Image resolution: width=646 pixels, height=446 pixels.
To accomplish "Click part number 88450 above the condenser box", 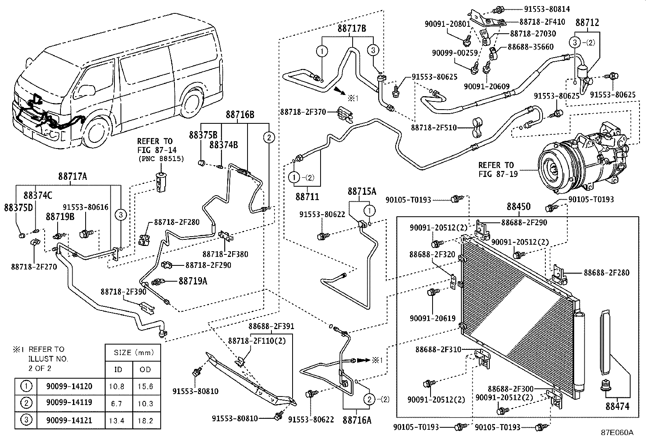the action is point(519,207).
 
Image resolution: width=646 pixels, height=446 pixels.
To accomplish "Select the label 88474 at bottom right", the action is point(618,407).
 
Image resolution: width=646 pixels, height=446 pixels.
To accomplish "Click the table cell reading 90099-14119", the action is point(69,403).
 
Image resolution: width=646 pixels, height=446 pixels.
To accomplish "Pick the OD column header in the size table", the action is point(145,370).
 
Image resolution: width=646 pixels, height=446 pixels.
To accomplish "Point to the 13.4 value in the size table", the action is point(116,420).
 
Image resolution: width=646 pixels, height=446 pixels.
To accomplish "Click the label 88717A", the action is point(72,176).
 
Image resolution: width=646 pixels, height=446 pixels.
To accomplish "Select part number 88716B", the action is point(240,114).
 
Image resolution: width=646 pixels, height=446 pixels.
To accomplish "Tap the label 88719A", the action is point(193,281).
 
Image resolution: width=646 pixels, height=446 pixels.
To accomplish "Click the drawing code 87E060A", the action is point(617,433).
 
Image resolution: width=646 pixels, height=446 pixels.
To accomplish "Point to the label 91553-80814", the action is point(547,9).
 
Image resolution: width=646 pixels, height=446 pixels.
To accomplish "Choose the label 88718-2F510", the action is point(434,127).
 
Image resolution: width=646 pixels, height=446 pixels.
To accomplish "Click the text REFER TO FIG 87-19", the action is point(498,169).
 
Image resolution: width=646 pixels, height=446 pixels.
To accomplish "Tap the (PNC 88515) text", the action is point(161,159).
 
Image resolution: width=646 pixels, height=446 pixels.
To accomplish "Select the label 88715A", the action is point(362,191).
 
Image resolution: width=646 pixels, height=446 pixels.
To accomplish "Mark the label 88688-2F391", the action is point(271,326).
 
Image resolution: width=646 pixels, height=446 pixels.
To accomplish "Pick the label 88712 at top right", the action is point(587,22).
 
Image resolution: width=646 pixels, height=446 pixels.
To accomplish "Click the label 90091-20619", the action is point(433,318).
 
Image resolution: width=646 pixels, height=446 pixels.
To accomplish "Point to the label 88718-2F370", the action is point(303,112).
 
